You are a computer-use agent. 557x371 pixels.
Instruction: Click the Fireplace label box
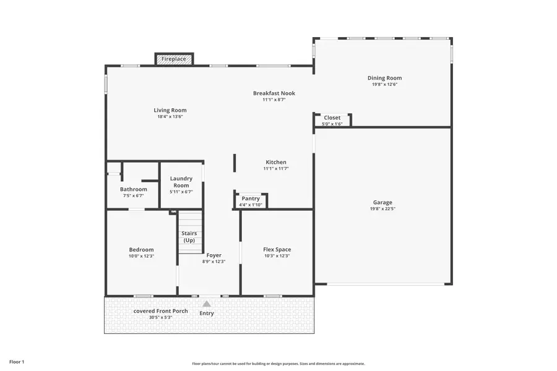click(x=174, y=59)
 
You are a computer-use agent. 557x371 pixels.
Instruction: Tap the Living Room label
click(x=170, y=111)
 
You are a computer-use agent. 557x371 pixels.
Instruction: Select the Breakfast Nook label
click(x=274, y=93)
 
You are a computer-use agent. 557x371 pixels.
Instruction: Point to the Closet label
click(x=332, y=117)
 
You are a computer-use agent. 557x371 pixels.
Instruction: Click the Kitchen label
click(x=276, y=162)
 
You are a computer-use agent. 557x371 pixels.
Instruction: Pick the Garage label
click(x=382, y=202)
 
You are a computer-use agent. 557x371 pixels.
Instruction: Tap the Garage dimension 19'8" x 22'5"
click(x=382, y=209)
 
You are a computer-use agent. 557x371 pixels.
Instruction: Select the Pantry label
click(x=251, y=198)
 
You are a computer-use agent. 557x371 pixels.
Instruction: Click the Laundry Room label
click(x=181, y=182)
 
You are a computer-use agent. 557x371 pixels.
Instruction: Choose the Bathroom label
click(x=134, y=189)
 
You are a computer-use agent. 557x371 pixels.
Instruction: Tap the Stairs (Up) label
click(x=189, y=237)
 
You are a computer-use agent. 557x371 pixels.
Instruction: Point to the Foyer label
click(x=214, y=255)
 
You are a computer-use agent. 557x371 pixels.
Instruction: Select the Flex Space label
click(x=277, y=249)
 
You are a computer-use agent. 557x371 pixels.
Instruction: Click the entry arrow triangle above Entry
click(x=207, y=304)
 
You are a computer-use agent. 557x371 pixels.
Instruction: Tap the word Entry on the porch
click(x=207, y=313)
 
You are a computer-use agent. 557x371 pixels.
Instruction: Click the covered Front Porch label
click(x=161, y=311)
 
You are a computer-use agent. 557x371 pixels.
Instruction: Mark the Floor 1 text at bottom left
click(x=17, y=361)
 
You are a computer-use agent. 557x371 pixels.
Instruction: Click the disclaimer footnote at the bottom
click(x=278, y=364)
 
